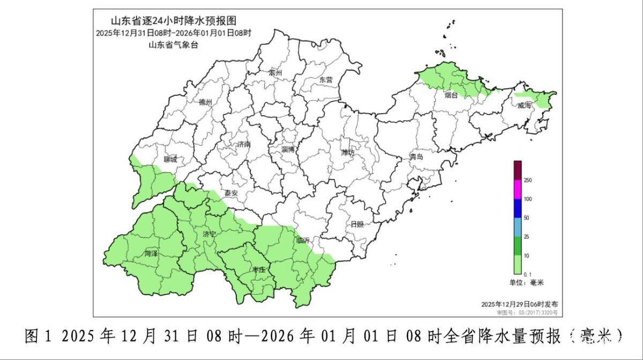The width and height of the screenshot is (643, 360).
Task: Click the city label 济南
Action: tap(243, 145)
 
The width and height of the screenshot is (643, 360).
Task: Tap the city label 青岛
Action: tap(416, 156)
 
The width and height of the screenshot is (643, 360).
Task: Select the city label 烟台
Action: tap(451, 95)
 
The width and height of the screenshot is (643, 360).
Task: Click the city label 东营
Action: tap(326, 79)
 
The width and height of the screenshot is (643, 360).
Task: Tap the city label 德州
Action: tap(205, 102)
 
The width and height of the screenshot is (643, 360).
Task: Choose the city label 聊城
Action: tap(170, 159)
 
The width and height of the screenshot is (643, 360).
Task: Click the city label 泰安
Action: tap(231, 193)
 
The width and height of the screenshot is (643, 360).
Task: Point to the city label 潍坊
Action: tap(348, 152)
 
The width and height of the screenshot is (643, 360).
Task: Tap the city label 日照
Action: tap(357, 224)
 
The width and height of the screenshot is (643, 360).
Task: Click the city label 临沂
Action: tap(303, 240)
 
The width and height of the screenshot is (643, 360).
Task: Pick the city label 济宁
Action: tap(210, 234)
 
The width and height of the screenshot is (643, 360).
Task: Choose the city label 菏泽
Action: tap(151, 253)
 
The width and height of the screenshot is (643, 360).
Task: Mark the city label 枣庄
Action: tap(259, 271)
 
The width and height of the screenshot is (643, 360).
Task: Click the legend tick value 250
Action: tap(527, 181)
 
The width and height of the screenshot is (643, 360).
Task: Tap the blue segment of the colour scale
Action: tap(518, 208)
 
